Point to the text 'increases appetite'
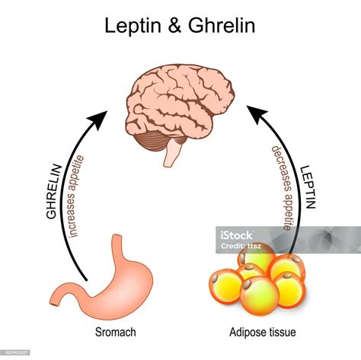pos(77,196)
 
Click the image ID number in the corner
pos(20,354)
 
